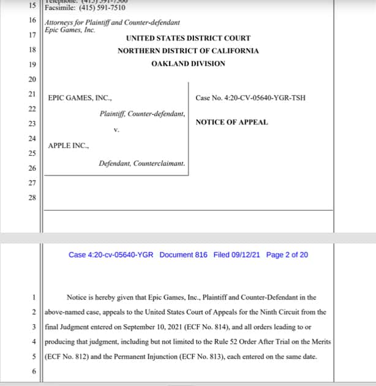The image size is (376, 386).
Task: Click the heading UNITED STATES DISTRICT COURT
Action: (188, 38)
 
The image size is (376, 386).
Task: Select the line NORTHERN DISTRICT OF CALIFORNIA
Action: (188, 51)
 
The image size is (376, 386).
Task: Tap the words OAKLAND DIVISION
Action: (188, 64)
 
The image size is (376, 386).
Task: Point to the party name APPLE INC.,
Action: (69, 146)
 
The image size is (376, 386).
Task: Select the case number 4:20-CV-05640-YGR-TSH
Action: (250, 98)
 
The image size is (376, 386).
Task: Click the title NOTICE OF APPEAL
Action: (231, 122)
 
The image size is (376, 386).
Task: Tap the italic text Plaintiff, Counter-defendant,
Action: (142, 113)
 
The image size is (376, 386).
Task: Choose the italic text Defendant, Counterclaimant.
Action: (141, 164)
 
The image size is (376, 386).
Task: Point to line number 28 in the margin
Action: (32, 197)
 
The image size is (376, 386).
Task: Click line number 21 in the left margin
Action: (32, 94)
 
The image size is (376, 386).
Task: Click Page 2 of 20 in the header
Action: (287, 255)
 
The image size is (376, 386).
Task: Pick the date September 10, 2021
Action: (150, 327)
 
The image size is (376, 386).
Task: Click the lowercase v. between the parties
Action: (116, 131)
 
